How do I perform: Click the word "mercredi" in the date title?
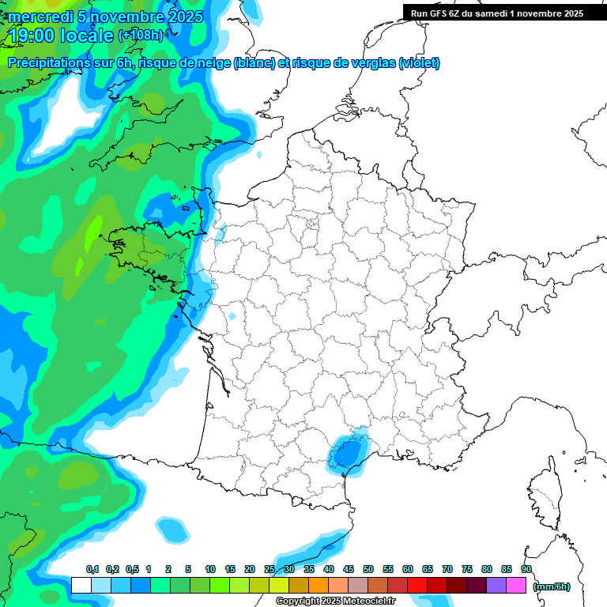tap(40, 17)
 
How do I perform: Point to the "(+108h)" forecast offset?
tap(140, 36)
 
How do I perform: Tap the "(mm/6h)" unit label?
tap(551, 586)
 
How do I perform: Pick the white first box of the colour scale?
tap(81, 585)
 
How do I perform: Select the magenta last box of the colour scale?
tap(516, 585)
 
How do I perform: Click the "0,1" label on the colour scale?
tap(92, 570)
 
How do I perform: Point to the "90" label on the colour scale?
tap(526, 570)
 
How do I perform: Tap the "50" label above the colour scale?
tap(368, 570)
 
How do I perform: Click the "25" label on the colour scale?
tap(270, 570)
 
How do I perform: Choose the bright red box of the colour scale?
tap(417, 585)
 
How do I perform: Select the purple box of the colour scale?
tap(496, 585)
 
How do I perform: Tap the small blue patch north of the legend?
tap(170, 527)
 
